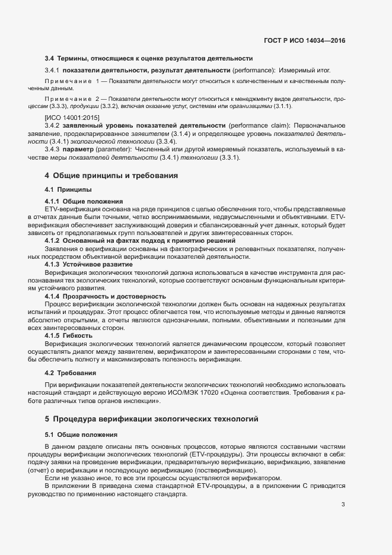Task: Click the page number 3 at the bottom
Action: (343, 505)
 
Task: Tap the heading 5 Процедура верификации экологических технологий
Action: (152, 419)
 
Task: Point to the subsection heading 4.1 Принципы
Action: (68, 189)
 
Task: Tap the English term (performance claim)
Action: (257, 126)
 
